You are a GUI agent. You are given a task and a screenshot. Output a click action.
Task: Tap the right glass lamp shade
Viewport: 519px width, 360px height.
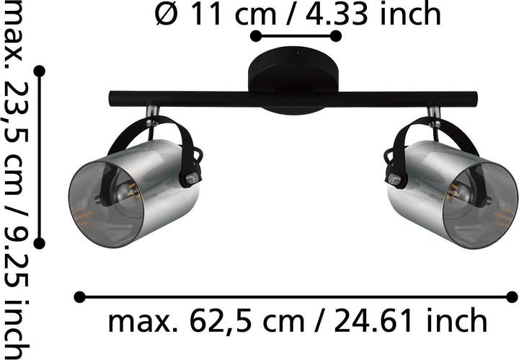(452, 195)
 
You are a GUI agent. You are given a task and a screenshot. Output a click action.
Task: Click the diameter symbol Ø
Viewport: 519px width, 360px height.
(166, 14)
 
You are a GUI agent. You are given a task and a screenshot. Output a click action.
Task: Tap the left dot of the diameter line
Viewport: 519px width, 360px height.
(255, 36)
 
